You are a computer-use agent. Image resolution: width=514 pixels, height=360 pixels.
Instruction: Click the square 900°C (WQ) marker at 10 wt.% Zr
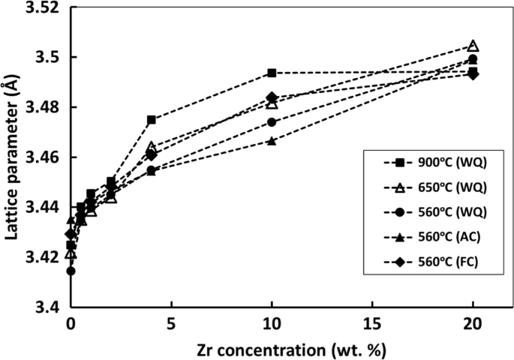point(272,73)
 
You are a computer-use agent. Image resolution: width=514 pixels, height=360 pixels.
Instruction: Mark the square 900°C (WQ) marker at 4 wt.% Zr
point(152,120)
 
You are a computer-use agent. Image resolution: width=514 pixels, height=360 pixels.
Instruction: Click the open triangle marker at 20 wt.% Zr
point(473,46)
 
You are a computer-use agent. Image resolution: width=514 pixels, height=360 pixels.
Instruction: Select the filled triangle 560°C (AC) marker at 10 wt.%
point(272,140)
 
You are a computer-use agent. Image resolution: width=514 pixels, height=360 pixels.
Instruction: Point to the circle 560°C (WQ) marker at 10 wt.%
point(272,122)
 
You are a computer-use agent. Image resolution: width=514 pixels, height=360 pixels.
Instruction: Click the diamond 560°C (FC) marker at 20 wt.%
point(473,74)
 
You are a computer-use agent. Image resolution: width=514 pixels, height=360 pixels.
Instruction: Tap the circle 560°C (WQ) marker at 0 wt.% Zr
point(71,271)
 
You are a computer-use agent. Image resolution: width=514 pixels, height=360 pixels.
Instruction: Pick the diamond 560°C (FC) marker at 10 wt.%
point(272,97)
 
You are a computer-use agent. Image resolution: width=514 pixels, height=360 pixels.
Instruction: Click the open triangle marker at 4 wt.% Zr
point(152,147)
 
